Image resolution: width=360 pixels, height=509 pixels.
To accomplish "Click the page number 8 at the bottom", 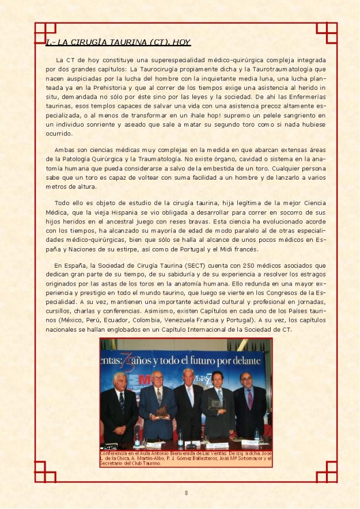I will pos(186,493).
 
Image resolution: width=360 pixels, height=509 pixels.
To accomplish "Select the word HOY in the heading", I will pos(180,42).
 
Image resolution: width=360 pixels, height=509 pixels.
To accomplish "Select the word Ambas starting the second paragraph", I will pos(65,150).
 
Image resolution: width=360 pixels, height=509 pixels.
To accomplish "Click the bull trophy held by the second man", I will pos(162,412).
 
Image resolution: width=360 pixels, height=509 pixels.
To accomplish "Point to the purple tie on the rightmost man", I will pos(250,398).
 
